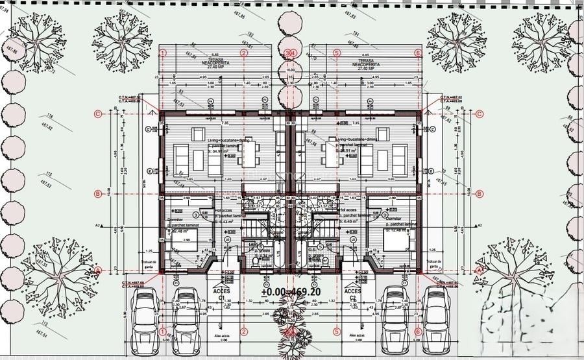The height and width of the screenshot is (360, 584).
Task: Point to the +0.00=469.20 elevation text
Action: (x=291, y=292)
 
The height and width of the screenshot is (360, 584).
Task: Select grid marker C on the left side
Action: (x=98, y=114)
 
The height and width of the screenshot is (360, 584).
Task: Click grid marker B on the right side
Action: (x=480, y=193)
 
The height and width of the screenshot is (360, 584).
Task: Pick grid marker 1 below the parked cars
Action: (x=162, y=331)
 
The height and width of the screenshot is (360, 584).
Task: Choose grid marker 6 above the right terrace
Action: (x=418, y=52)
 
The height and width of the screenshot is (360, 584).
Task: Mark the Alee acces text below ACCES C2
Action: (x=354, y=336)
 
